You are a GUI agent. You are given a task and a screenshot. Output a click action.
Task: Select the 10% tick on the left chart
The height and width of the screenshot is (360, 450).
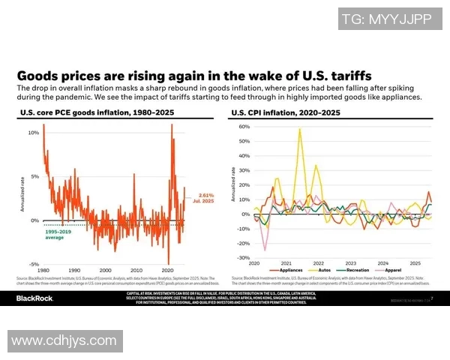point(33,133)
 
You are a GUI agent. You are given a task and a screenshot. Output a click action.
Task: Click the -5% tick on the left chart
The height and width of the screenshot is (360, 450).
point(33,264)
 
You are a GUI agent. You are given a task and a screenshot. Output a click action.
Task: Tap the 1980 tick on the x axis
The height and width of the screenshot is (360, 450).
point(43,270)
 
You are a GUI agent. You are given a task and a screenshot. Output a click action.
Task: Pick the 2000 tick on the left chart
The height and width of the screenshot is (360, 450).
point(105,270)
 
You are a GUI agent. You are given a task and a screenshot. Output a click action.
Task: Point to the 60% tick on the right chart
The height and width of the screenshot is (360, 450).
point(244,127)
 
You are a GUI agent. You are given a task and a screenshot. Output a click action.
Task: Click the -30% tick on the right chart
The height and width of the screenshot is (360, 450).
point(244,257)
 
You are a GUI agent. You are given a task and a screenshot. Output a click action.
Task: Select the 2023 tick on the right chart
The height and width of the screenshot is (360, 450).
point(349,263)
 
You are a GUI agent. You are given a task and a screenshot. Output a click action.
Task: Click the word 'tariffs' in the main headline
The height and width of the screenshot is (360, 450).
point(349,76)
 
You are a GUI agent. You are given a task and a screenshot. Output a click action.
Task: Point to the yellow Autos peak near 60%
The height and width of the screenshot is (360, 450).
point(300,129)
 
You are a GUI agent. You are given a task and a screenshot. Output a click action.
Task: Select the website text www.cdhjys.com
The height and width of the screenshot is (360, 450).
point(62,340)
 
